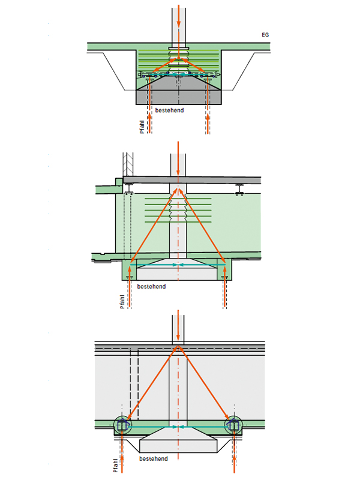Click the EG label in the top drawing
[x=265, y=35]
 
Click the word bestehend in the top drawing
[x=169, y=110]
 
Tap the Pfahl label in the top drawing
[x=142, y=127]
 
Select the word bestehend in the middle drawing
[x=151, y=287]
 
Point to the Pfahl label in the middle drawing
[x=122, y=302]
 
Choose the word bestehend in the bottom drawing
[x=154, y=458]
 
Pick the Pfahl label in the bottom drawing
[x=115, y=466]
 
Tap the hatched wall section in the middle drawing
[x=128, y=164]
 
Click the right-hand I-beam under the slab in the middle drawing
[x=239, y=190]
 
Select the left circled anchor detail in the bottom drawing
[x=122, y=425]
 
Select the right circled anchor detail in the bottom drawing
[x=233, y=425]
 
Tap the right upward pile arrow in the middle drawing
[x=226, y=287]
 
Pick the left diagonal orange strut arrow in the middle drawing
[x=154, y=227]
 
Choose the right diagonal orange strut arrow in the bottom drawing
[x=203, y=383]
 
